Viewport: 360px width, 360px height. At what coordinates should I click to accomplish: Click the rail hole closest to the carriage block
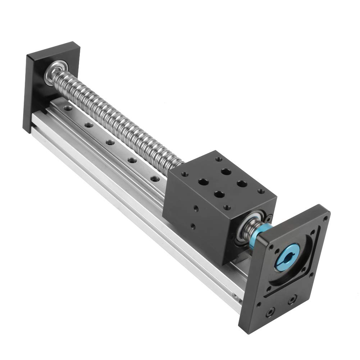pos(155,178)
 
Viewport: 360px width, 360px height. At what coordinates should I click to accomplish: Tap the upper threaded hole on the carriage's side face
pos(196,208)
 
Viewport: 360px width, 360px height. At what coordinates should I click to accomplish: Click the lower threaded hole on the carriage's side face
pos(193,226)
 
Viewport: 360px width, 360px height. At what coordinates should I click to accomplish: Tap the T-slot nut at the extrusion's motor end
pos(235,297)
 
